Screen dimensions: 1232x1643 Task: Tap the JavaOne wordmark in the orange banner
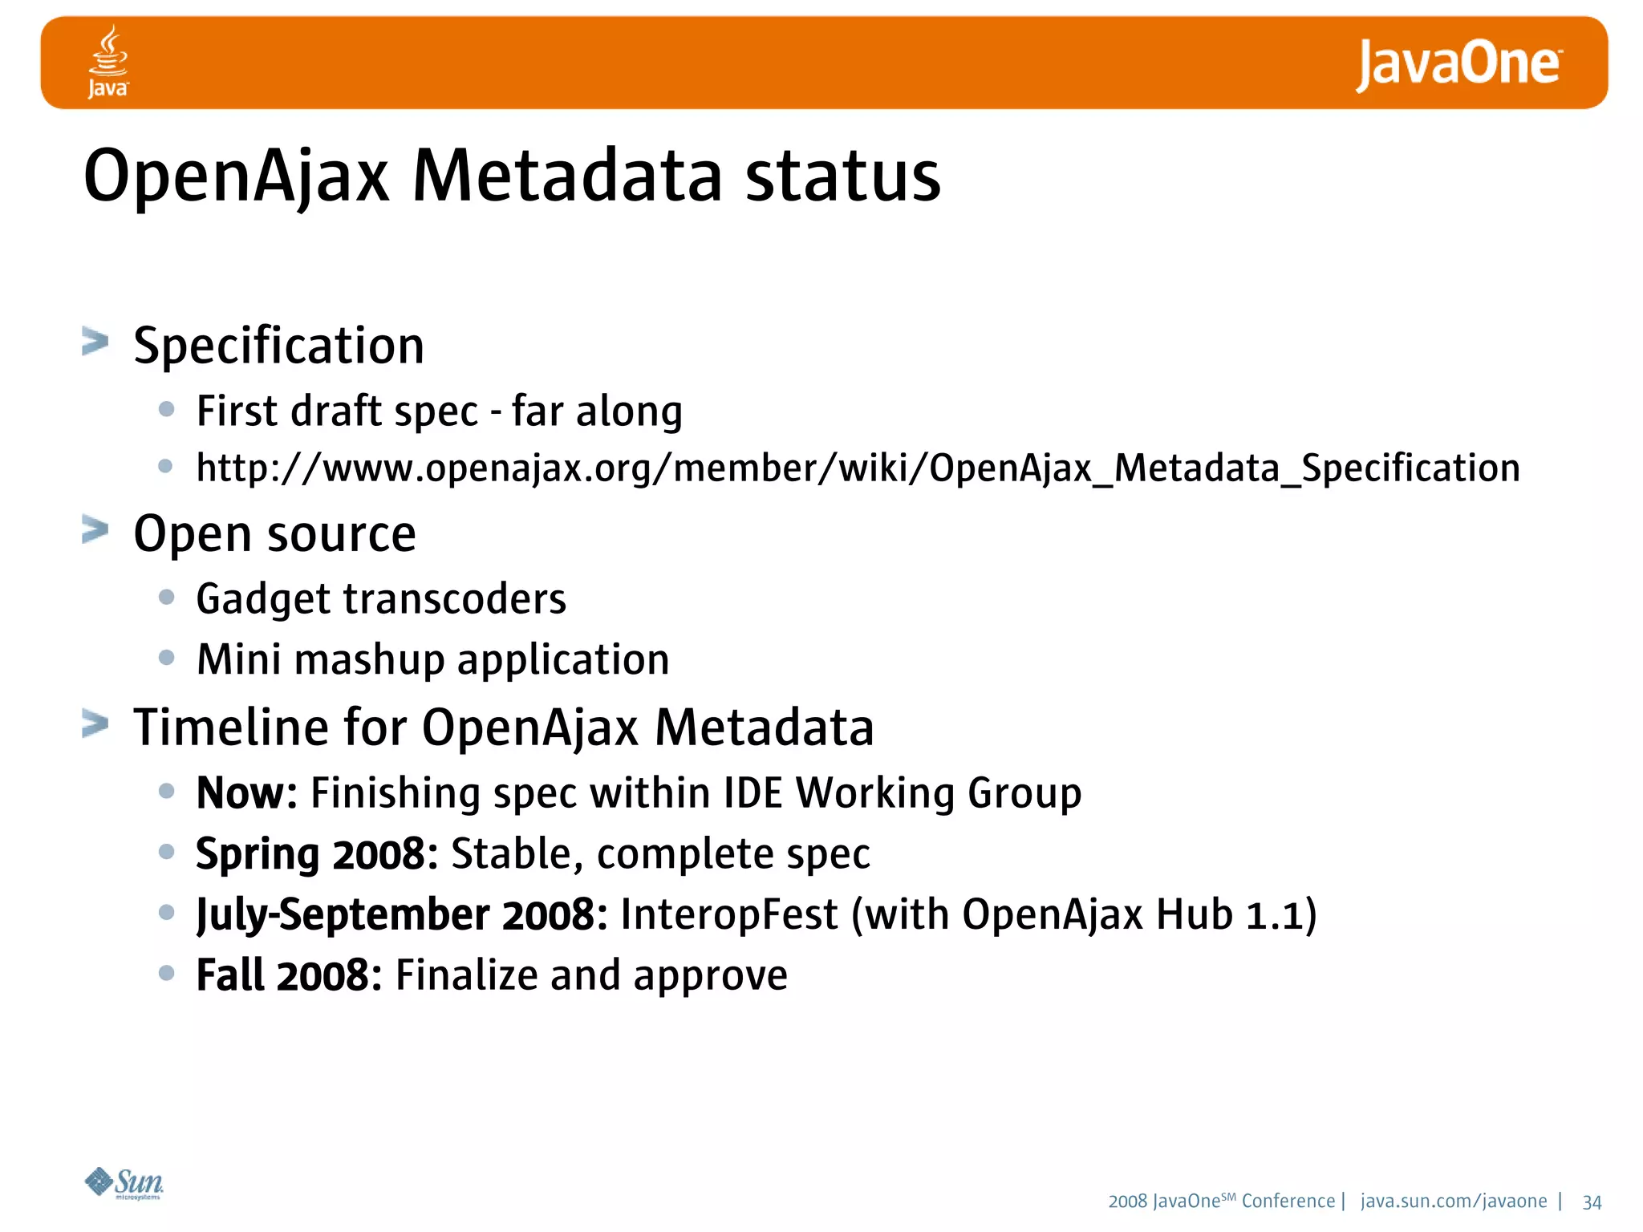(x=1458, y=64)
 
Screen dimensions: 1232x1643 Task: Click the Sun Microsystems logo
(x=124, y=1183)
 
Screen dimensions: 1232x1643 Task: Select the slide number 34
(x=1592, y=1202)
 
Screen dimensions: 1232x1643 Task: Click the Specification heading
(x=278, y=346)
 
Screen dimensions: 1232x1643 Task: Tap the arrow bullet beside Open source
(x=95, y=530)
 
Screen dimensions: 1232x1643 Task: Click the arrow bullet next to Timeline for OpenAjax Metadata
(x=95, y=724)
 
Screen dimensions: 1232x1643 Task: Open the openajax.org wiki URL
(x=858, y=468)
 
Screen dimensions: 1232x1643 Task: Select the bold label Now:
(x=246, y=793)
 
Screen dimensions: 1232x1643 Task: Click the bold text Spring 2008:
(x=317, y=853)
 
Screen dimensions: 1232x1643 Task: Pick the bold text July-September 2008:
(x=402, y=915)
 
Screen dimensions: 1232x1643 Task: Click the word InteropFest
(x=729, y=915)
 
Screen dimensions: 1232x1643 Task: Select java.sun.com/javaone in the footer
(x=1454, y=1202)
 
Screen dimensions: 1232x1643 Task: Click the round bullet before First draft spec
(x=167, y=410)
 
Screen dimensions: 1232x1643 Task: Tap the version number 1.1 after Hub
(x=1272, y=915)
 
